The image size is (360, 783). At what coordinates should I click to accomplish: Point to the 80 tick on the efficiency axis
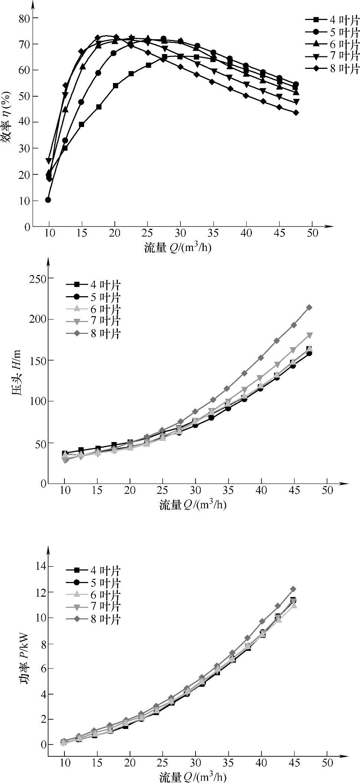tap(24, 18)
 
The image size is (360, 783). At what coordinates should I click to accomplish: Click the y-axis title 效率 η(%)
tap(8, 122)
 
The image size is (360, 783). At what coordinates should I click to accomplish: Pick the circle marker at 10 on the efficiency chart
tap(48, 200)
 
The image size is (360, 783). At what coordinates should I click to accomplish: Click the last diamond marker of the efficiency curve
tap(296, 113)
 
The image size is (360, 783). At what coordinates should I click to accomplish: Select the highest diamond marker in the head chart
tap(309, 307)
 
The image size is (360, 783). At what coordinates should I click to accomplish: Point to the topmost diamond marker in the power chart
tap(293, 589)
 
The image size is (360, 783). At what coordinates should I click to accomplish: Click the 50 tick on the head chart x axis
tap(327, 491)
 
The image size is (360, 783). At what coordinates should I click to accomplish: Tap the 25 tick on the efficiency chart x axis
tap(148, 234)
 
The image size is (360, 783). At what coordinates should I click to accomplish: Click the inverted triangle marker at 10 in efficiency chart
tap(49, 161)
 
